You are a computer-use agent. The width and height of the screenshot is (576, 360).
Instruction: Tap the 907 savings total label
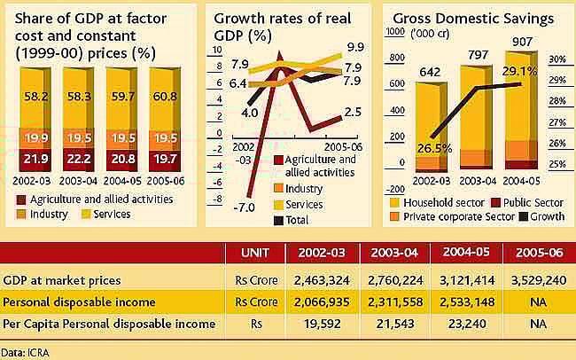(x=524, y=40)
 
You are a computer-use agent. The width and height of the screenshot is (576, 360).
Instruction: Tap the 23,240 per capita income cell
(x=464, y=325)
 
